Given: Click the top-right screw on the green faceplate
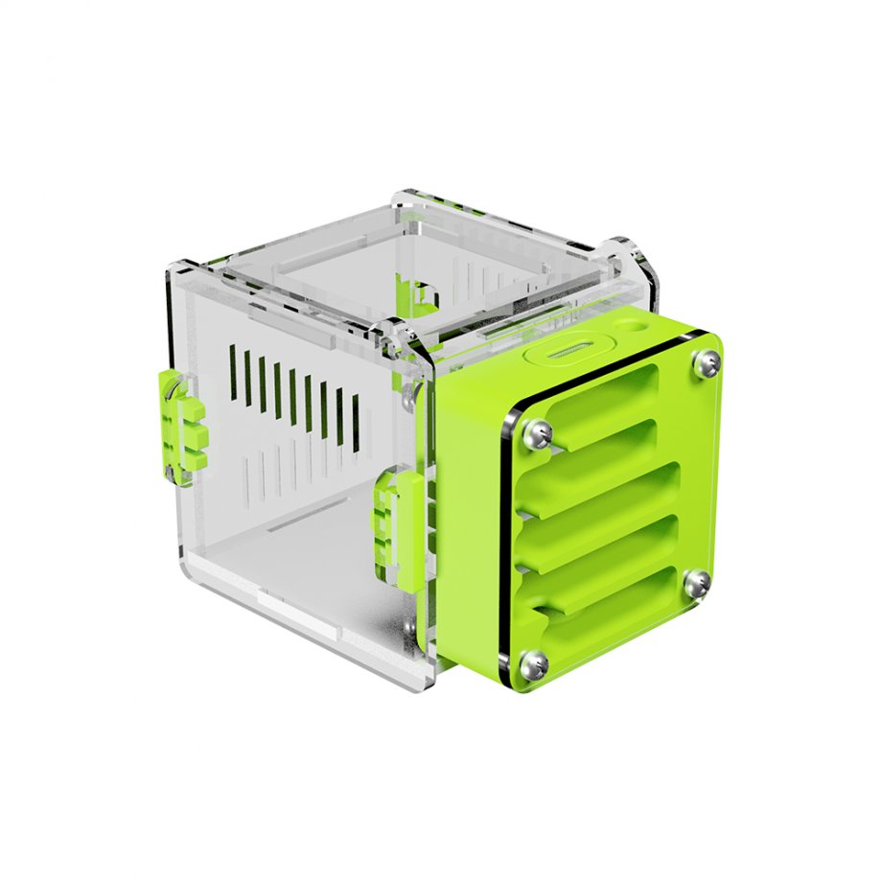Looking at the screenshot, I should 707,361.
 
